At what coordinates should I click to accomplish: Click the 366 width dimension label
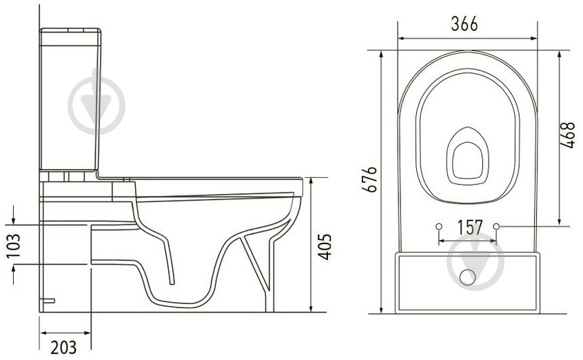pos(464,24)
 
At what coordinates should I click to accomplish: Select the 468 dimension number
pos(568,135)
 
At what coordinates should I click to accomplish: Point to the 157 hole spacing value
pos(469,227)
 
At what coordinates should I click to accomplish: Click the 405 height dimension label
pos(324,246)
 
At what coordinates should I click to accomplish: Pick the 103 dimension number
pos(13,246)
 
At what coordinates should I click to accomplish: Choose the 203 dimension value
pos(63,348)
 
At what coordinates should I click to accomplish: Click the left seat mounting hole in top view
pos(439,226)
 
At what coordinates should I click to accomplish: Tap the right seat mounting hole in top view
pos(496,226)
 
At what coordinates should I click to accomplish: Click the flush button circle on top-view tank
pos(467,277)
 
